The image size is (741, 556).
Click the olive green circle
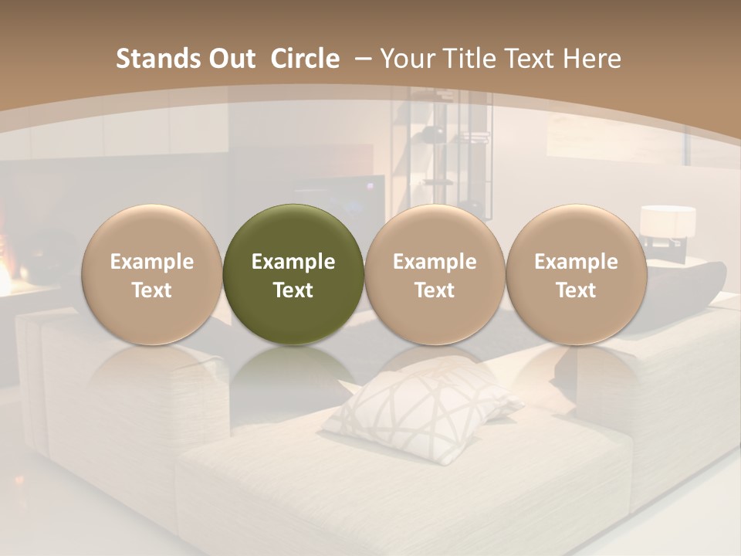coord(293,274)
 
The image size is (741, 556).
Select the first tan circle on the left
coord(152,274)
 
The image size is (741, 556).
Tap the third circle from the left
coord(435,274)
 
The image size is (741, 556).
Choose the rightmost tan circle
coord(576,274)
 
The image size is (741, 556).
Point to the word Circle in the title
coord(305,59)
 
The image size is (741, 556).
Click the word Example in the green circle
coord(293,262)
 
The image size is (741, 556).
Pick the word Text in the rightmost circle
coord(576,290)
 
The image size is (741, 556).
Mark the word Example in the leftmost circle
coord(152,262)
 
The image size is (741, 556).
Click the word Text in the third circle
coord(435,290)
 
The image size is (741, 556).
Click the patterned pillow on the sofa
coord(421,405)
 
